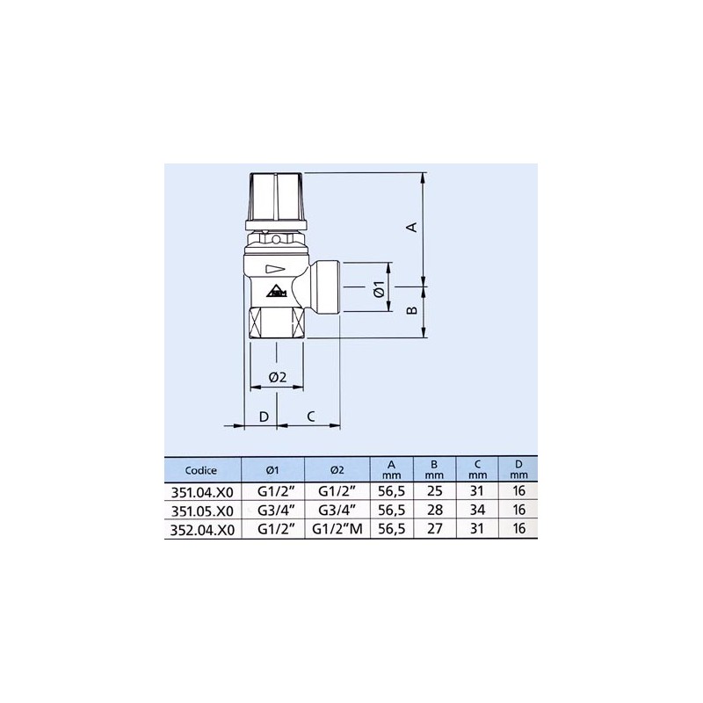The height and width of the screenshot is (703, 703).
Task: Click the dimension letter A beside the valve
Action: point(410,227)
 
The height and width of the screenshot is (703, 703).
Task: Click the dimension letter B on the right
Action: point(410,311)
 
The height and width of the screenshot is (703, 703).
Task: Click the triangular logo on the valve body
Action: point(276,292)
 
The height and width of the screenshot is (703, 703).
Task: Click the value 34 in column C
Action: point(477,511)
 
